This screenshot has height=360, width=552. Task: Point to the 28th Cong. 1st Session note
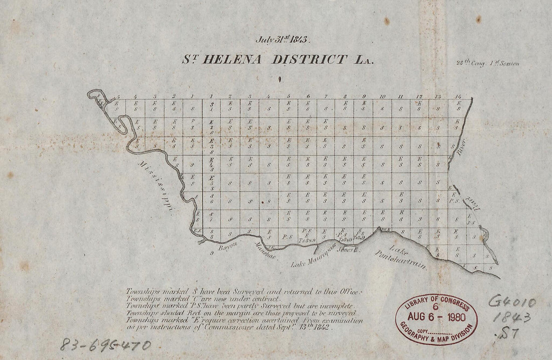pos(487,63)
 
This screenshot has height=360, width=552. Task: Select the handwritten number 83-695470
pos(105,345)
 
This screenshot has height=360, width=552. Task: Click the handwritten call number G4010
pos(512,302)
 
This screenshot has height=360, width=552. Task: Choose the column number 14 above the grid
pos(457,96)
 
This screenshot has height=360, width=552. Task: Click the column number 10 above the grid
pos(382,96)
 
